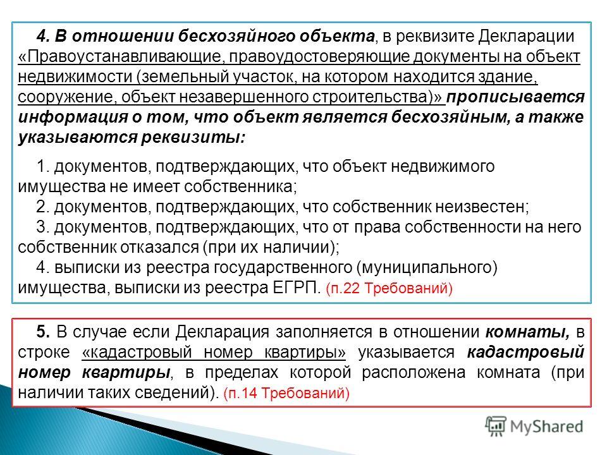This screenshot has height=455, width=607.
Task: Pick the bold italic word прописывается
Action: pos(515,97)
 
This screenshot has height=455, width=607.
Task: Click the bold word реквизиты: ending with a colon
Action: pos(193,138)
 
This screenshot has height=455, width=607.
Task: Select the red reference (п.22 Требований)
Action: pos(389,289)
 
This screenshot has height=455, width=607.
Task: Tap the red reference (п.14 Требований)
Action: pos(286,393)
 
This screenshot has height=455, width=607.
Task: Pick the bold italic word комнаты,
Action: pos(527,332)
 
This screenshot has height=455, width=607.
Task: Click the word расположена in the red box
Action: pos(414,373)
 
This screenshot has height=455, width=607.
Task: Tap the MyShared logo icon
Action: pos(496,426)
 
